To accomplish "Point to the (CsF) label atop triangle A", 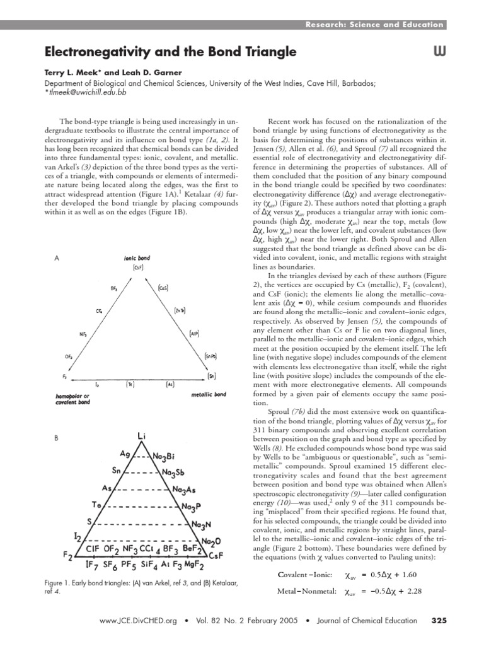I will (x=138, y=267).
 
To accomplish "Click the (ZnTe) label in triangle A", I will (x=180, y=310).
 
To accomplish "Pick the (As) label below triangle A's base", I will (x=170, y=384).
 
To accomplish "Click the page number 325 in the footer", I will (x=438, y=621).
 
